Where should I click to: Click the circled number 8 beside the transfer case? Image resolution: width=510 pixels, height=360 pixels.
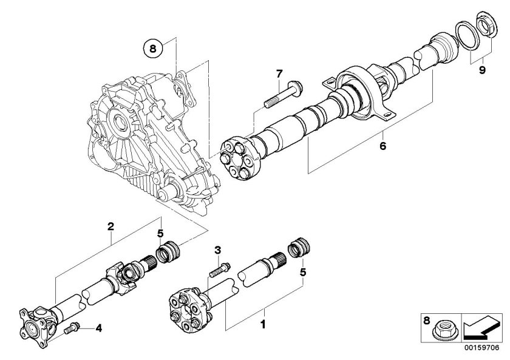pyautogui.click(x=153, y=46)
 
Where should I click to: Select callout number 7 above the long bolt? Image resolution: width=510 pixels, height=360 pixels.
pyautogui.click(x=279, y=74)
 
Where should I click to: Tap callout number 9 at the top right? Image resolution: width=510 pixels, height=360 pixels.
pyautogui.click(x=481, y=70)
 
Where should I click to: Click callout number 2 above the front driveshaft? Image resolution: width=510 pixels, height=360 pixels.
pyautogui.click(x=110, y=227)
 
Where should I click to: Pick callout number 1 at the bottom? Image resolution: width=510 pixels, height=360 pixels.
pyautogui.click(x=263, y=325)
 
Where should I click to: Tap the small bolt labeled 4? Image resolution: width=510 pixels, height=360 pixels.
pyautogui.click(x=70, y=329)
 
